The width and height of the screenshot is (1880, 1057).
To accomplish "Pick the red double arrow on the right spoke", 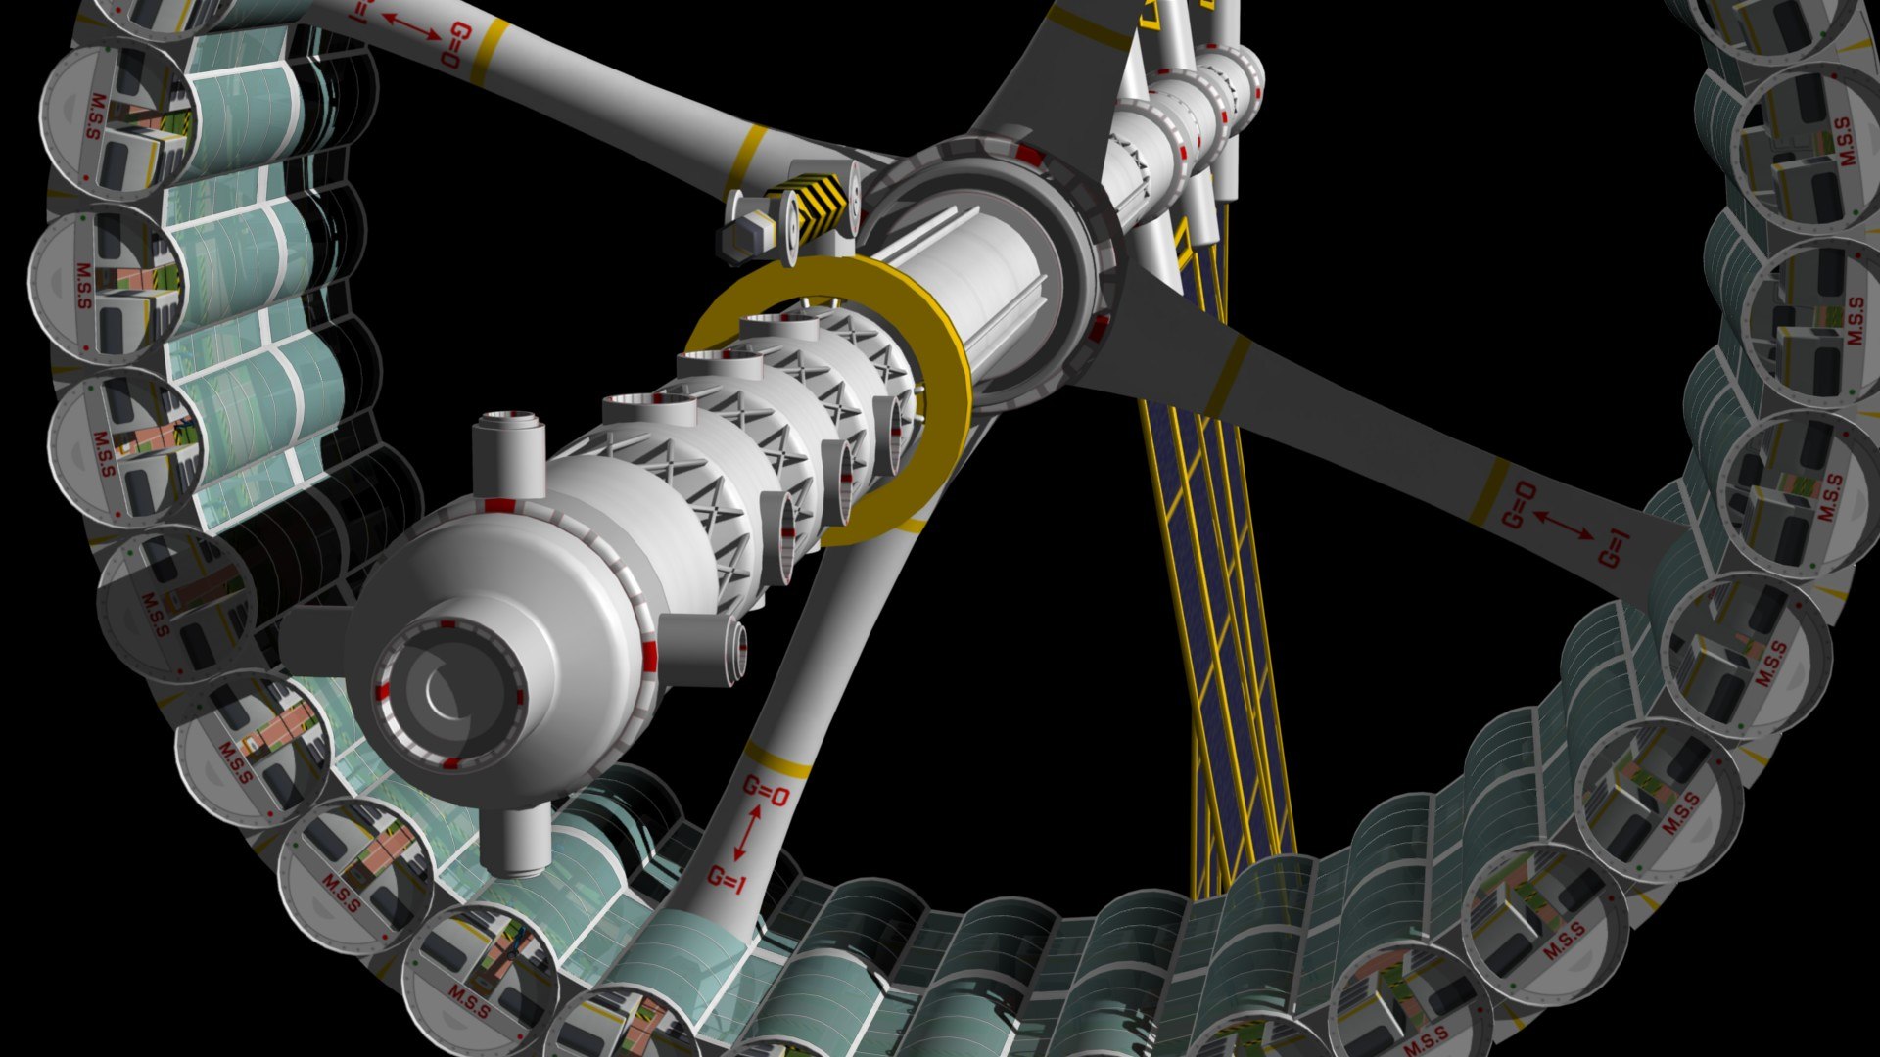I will pos(1564,526).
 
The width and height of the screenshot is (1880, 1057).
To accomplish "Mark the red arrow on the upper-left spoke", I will pos(410,27).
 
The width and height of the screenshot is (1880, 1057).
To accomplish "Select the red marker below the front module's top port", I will pos(500,505).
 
